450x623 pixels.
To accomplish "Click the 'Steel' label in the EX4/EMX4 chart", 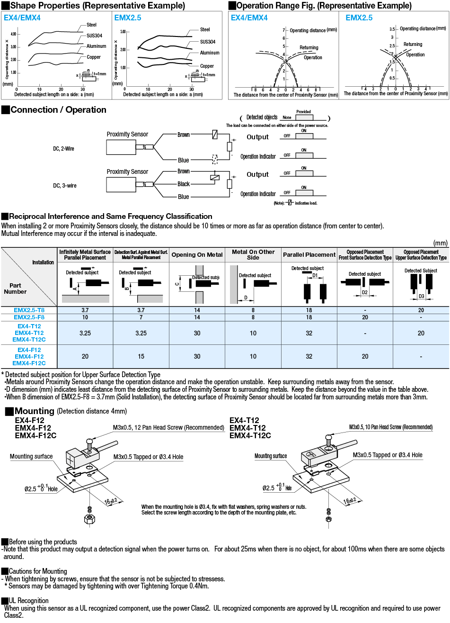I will pos(91,25).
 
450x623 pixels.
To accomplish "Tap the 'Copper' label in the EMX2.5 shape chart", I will pos(207,66).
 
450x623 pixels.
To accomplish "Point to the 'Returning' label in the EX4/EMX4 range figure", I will pos(309,47).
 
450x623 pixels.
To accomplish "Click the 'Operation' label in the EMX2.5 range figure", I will pos(415,54).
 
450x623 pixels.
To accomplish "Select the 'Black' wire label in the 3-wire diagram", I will pos(184,184).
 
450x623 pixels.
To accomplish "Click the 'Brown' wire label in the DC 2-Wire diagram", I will pos(184,135).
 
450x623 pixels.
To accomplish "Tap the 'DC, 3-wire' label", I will pos(65,186).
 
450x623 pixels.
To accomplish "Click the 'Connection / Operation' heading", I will pos(58,110).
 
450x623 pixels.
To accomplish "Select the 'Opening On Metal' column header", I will pos(197,255).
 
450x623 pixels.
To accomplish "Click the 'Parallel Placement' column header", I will pos(309,255).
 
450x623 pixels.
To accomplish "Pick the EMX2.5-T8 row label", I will pos(29,310).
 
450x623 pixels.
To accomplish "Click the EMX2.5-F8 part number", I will pos(29,317).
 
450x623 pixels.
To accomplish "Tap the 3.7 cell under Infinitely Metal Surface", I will pos(85,310).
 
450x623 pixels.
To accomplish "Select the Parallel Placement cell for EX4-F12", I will pos(309,356).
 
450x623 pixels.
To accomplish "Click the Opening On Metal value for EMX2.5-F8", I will pos(197,317).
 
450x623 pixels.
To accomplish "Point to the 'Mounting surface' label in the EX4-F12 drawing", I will pos(31,457).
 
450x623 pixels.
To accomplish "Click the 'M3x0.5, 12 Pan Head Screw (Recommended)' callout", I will pos(168,427).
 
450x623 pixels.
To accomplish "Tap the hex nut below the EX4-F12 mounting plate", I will pos(88,518).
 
